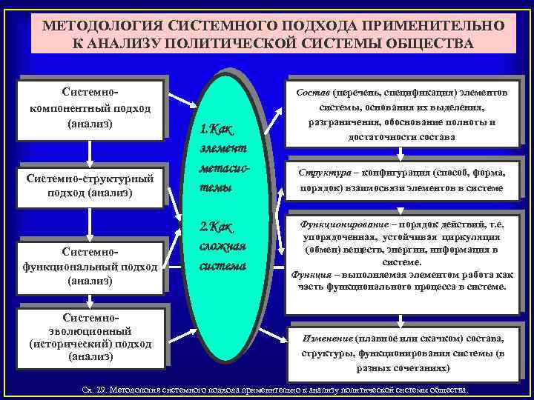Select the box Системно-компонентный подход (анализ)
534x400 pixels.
[x=89, y=108]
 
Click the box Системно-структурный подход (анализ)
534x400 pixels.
[x=90, y=185]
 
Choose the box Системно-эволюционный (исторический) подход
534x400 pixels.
[x=89, y=337]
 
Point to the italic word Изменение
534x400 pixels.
[x=327, y=339]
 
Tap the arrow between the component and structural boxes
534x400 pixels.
[x=89, y=152]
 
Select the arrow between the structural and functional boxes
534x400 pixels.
[x=89, y=223]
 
